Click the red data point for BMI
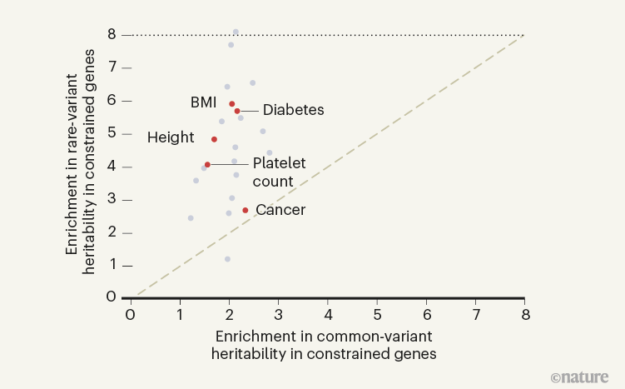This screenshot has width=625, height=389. pyautogui.click(x=232, y=104)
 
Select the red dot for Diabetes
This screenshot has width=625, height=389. pyautogui.click(x=237, y=111)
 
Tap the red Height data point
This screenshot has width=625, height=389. pyautogui.click(x=214, y=139)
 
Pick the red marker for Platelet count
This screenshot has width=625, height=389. pyautogui.click(x=207, y=165)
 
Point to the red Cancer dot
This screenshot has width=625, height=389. pyautogui.click(x=245, y=210)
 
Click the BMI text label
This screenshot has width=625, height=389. pyautogui.click(x=203, y=102)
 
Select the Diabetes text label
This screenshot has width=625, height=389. pyautogui.click(x=293, y=110)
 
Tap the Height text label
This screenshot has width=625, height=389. pyautogui.click(x=171, y=137)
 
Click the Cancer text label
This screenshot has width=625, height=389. pyautogui.click(x=280, y=210)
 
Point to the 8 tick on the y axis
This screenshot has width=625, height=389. pyautogui.click(x=111, y=35)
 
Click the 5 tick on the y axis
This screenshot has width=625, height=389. pyautogui.click(x=111, y=133)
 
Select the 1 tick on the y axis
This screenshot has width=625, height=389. pyautogui.click(x=111, y=265)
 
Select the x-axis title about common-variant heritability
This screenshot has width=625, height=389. pyautogui.click(x=325, y=344)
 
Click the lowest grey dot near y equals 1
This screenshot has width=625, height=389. pyautogui.click(x=227, y=259)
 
